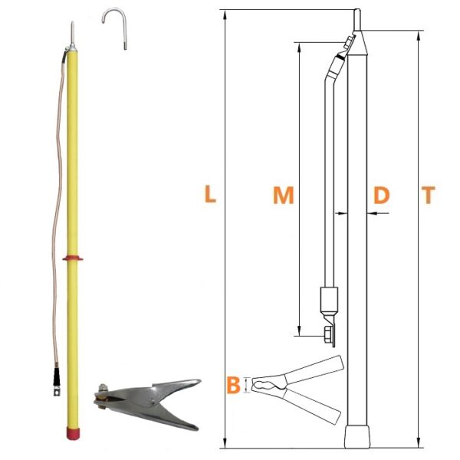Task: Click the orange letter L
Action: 210,194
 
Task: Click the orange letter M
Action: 284,195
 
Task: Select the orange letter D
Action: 381,195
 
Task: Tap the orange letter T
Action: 429,195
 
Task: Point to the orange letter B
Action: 234,385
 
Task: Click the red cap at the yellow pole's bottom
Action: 73,434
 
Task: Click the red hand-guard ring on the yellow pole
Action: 73,258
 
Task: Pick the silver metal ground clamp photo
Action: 147,404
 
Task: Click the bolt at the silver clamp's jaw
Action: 103,389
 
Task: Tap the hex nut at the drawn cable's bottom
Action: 327,335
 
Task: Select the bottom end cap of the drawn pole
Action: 356,437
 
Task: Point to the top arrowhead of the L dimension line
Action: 225,15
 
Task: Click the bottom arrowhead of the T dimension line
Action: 419,443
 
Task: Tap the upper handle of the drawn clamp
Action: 314,370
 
